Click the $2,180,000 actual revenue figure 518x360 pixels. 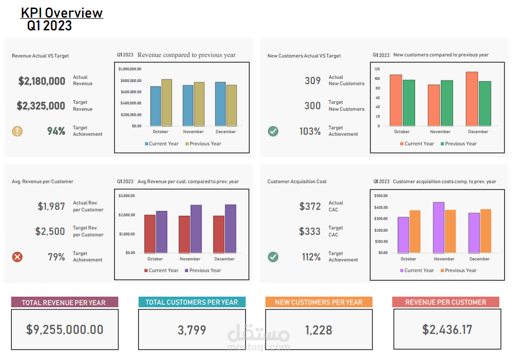coord(42,81)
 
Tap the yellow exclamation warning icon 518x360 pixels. coord(18,130)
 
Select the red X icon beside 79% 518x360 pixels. coord(18,257)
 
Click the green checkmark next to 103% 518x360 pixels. coord(273,130)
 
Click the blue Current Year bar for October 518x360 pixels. coord(156,106)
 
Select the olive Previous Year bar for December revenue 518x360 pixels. coord(231,105)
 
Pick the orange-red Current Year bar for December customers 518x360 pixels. coord(472,99)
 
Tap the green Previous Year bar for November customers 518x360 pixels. coord(447,103)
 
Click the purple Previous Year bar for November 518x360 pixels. coord(196,229)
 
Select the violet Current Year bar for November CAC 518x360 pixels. coord(439,227)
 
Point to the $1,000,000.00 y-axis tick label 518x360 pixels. coord(129,69)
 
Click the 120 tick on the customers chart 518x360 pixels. coord(377,69)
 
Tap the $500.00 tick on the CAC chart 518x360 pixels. coord(381,195)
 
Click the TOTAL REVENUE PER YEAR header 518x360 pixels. coord(64,302)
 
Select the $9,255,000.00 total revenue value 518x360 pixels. coord(64,330)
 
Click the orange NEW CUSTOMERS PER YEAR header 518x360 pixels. coord(319,302)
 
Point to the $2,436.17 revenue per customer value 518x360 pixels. coord(447,330)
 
